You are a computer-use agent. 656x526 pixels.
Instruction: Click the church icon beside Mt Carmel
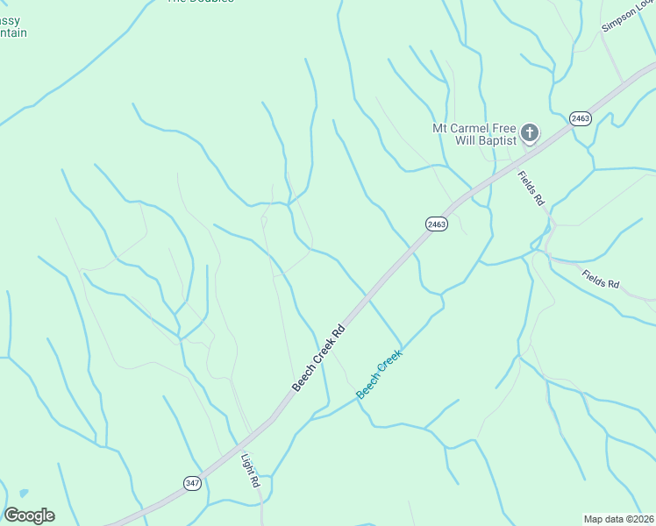point(529,133)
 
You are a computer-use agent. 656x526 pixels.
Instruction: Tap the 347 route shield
point(193,483)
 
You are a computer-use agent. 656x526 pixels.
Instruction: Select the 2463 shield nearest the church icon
point(580,118)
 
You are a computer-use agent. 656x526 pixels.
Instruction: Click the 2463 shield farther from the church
point(437,224)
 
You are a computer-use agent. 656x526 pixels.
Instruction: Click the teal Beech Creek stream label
point(379,374)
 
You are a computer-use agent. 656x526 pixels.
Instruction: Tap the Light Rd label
point(251,469)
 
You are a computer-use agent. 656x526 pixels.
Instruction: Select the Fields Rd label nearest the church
point(531,188)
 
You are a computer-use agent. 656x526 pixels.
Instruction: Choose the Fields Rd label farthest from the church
point(601,280)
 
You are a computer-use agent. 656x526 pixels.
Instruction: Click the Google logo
point(29,515)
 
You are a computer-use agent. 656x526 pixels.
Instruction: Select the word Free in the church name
point(507,127)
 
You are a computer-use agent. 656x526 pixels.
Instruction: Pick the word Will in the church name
point(465,139)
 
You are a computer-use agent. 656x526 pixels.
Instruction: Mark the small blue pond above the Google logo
point(22,493)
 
